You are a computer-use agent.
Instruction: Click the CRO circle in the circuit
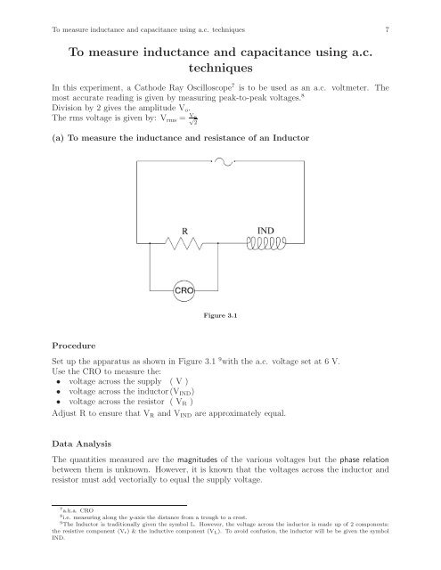coord(184,289)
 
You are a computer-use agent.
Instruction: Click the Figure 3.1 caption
coord(219,314)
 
